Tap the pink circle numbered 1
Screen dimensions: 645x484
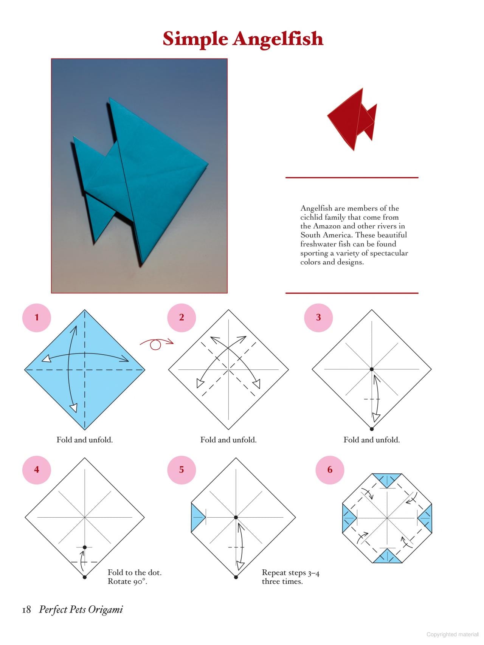tap(37, 318)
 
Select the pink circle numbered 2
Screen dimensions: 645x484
tap(181, 318)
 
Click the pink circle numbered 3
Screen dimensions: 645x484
tap(318, 318)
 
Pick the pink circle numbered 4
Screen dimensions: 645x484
tap(37, 470)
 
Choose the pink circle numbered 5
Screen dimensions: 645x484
tap(181, 470)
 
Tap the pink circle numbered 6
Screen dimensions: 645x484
tap(330, 470)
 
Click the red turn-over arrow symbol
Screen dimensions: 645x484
tap(156, 343)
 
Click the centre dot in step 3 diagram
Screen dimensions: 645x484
tap(372, 369)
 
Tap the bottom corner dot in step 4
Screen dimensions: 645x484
tap(85, 577)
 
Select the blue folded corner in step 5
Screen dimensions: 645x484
tap(197, 517)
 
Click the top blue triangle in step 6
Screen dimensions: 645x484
tap(387, 479)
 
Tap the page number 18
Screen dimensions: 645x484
tap(26, 609)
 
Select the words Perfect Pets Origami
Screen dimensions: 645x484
tap(81, 609)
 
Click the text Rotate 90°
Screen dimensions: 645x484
tap(127, 581)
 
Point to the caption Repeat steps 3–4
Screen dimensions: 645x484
tap(290, 573)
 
